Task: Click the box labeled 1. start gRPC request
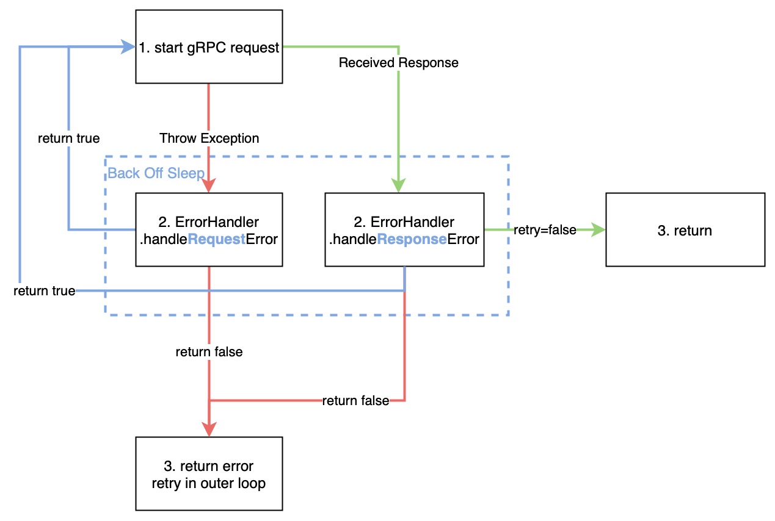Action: pyautogui.click(x=209, y=46)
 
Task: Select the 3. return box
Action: pyautogui.click(x=685, y=230)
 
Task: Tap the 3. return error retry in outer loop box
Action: pyautogui.click(x=209, y=473)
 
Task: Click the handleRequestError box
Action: pyautogui.click(x=209, y=230)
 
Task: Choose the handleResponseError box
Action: pyautogui.click(x=404, y=230)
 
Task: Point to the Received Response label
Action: pyautogui.click(x=398, y=63)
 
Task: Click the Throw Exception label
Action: pyautogui.click(x=209, y=138)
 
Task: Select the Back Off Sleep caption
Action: pyautogui.click(x=156, y=173)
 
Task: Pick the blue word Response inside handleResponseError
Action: pyautogui.click(x=412, y=240)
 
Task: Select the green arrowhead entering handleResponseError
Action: pyautogui.click(x=398, y=185)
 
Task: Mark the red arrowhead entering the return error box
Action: pyautogui.click(x=209, y=429)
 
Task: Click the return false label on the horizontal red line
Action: pyautogui.click(x=355, y=401)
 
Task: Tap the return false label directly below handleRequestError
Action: pyautogui.click(x=209, y=352)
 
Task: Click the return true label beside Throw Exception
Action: pyautogui.click(x=68, y=138)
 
